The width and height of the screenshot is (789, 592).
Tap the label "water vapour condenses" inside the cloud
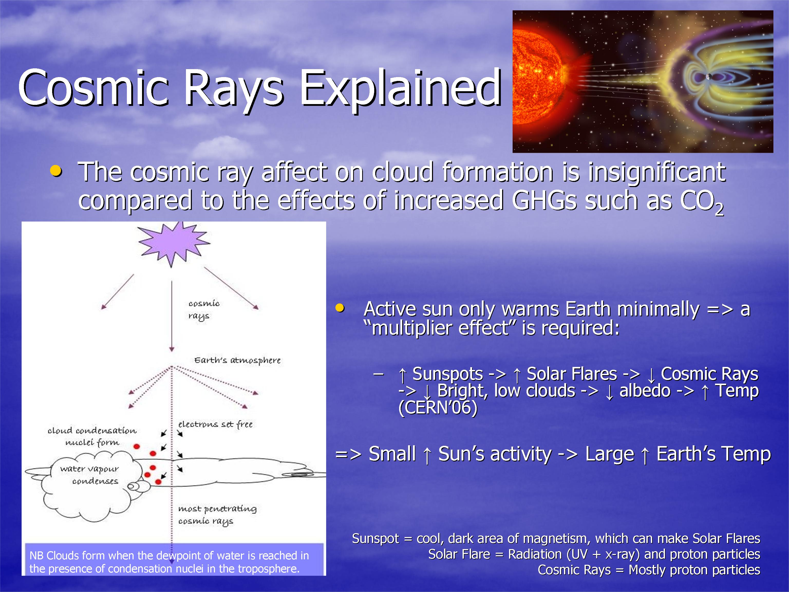89,475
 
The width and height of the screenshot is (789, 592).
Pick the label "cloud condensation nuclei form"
92,436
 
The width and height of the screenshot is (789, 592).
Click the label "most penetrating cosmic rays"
217,515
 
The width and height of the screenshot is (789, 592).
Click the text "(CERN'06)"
438,408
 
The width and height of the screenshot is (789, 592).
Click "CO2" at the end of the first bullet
702,202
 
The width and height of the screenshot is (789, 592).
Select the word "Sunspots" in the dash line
448,374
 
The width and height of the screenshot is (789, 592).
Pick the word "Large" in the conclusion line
609,454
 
